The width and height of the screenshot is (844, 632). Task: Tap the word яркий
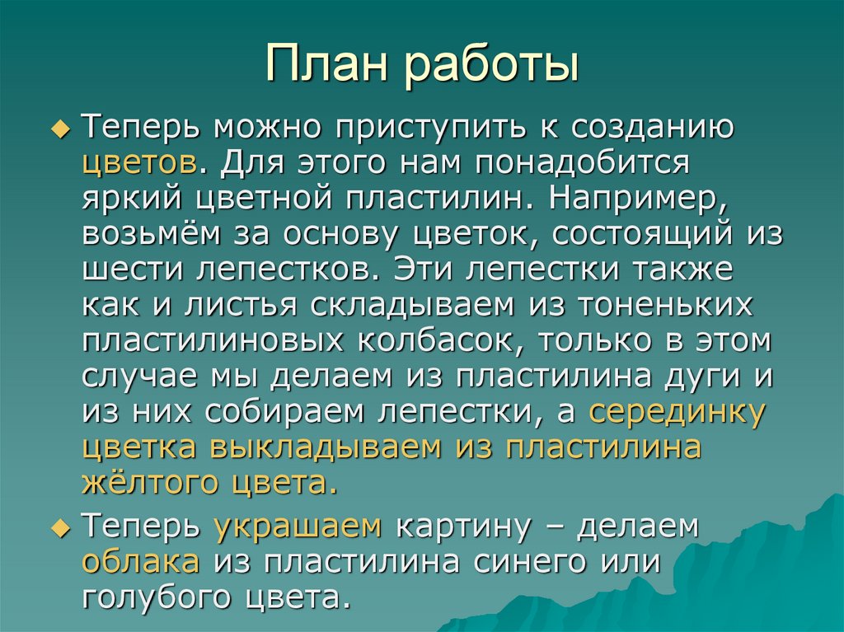[x=134, y=199]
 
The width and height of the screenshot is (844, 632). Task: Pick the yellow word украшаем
[x=298, y=527]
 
